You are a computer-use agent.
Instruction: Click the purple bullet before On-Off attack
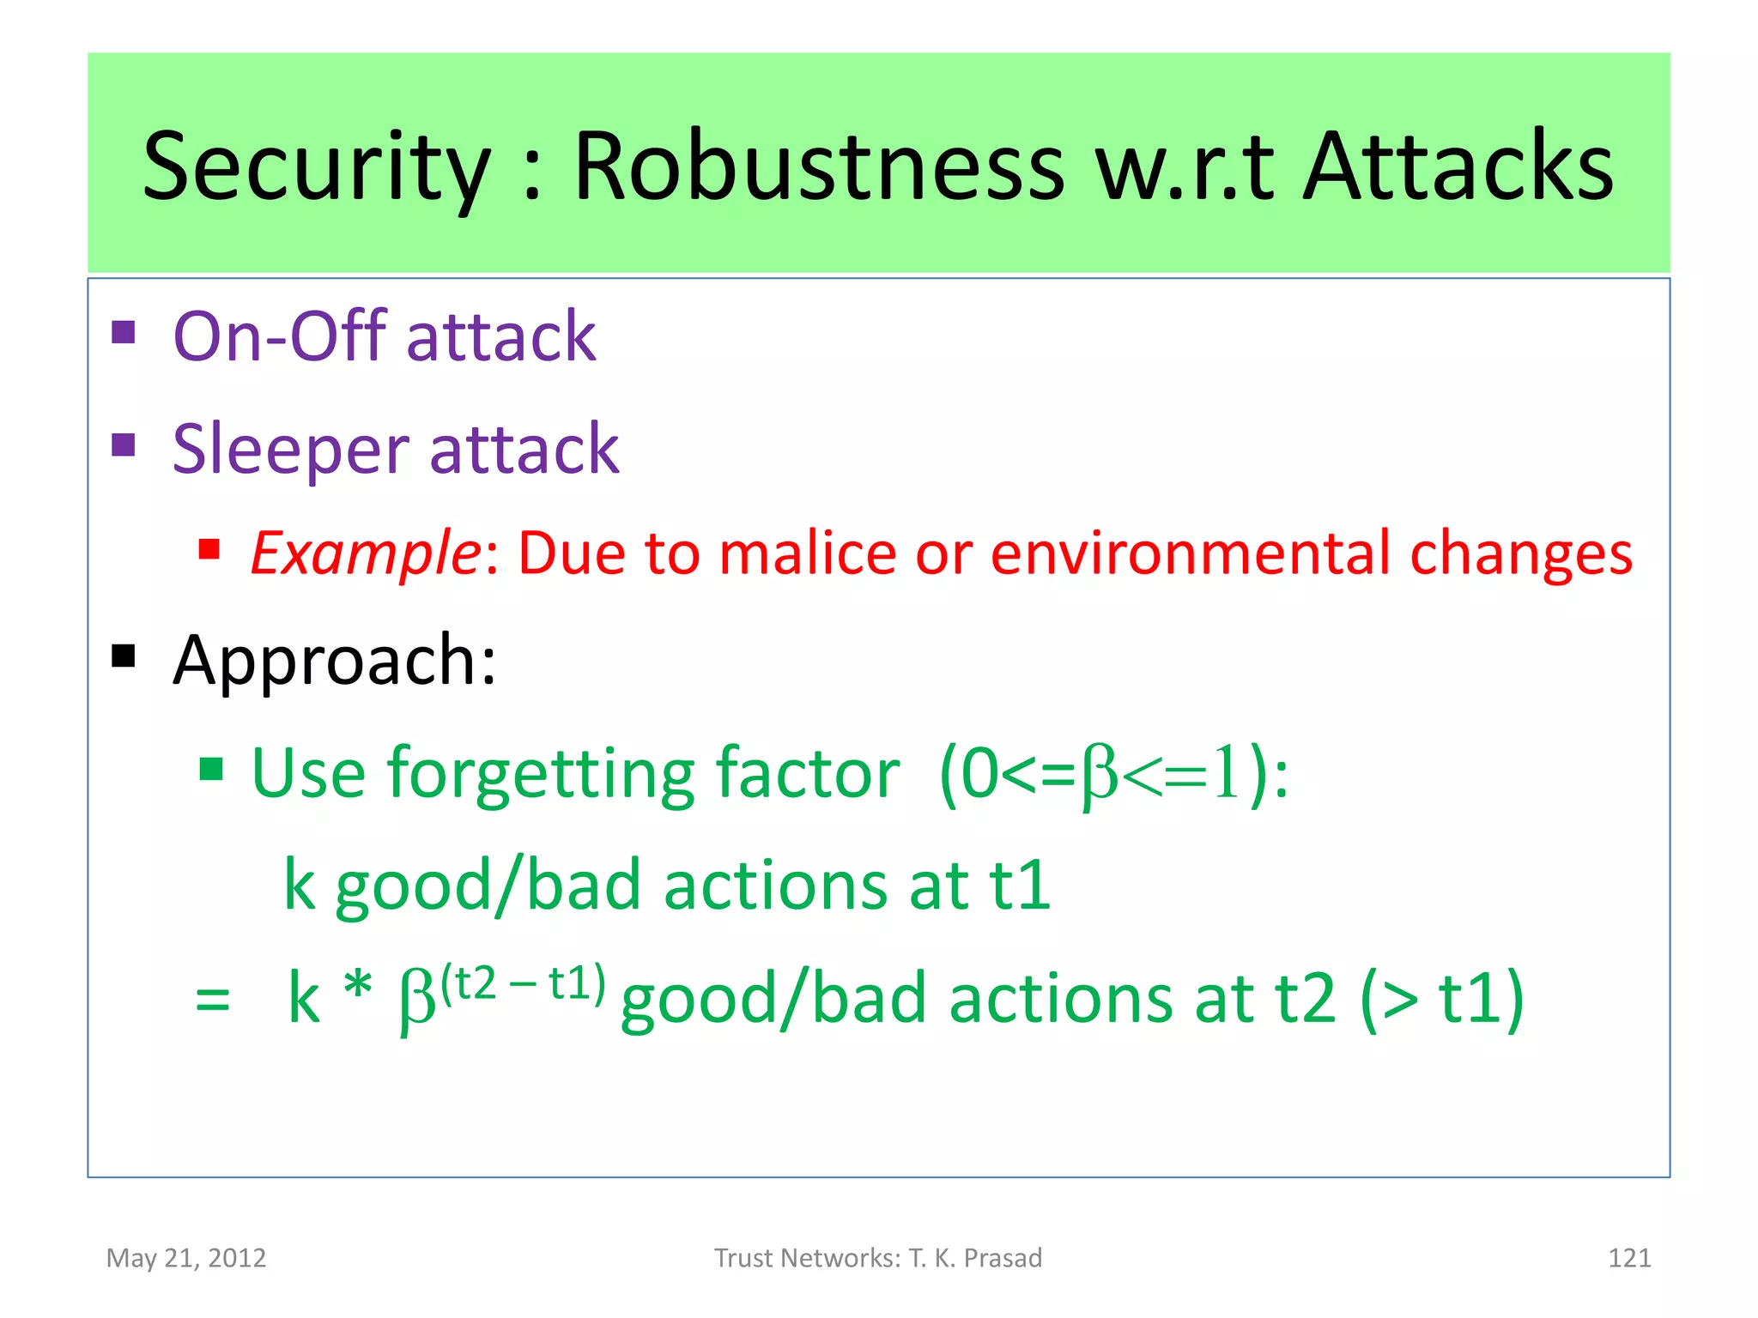[x=124, y=332]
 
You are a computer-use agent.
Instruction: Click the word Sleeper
[x=290, y=450]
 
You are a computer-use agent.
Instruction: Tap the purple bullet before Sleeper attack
[x=124, y=444]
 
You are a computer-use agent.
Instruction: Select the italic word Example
[x=366, y=553]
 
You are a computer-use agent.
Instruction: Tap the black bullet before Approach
[x=124, y=656]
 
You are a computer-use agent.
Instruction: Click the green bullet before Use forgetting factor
[x=211, y=769]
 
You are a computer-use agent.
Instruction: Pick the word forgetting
[x=541, y=775]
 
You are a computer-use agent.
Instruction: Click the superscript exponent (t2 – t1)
[x=523, y=983]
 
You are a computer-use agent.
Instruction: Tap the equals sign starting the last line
[x=212, y=1000]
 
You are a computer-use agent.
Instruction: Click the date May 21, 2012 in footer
[x=186, y=1258]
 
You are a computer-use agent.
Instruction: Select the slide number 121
[x=1628, y=1258]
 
